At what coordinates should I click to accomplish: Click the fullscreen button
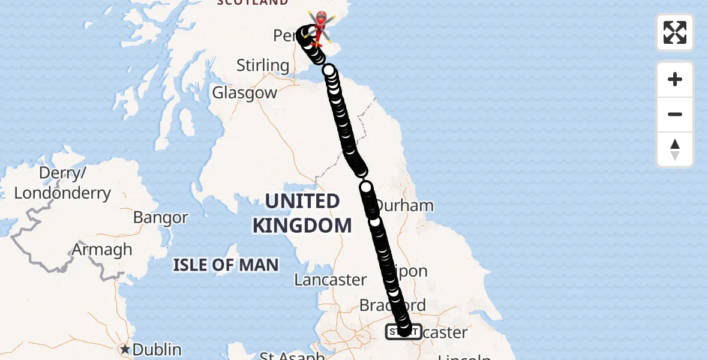675,32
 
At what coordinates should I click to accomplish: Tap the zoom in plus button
675,79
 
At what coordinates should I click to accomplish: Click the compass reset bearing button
675,149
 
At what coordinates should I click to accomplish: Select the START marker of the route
403,331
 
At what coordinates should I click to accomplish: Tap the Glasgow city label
245,93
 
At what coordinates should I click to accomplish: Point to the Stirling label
263,65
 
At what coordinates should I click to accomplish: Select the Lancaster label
331,280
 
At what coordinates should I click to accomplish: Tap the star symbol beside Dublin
125,349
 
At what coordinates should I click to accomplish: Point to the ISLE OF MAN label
226,265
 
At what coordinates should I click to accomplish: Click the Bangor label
161,217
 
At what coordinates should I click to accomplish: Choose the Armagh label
102,249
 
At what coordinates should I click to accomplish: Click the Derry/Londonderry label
62,184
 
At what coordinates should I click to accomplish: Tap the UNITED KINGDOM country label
302,214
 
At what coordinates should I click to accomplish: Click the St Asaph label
292,355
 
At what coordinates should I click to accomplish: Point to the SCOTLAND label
253,2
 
